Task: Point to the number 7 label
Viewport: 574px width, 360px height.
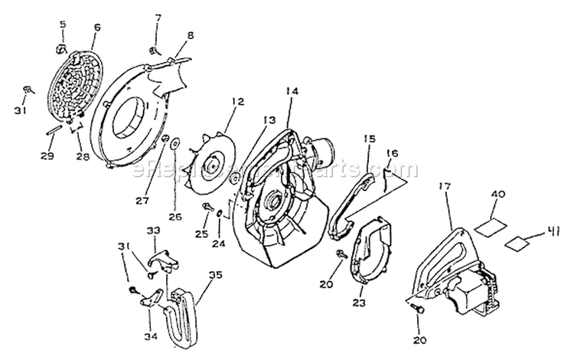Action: pos(158,18)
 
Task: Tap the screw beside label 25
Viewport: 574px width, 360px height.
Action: pos(207,206)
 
